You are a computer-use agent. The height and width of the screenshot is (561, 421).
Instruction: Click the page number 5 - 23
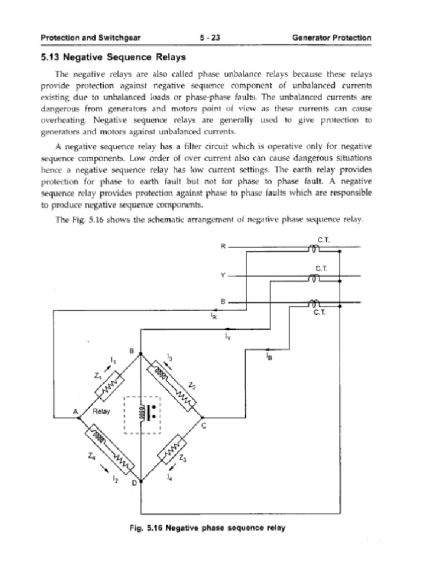tap(210, 38)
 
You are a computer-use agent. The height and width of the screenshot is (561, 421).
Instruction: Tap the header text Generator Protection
tap(332, 38)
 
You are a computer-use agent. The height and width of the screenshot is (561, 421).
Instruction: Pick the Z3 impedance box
tap(172, 450)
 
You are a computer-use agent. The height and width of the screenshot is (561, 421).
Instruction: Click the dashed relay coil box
tap(142, 415)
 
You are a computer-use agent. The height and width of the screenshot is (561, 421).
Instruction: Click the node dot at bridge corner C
tap(203, 416)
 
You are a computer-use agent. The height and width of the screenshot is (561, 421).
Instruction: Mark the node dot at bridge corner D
tap(141, 483)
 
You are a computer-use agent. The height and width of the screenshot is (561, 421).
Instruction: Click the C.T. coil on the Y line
tap(315, 279)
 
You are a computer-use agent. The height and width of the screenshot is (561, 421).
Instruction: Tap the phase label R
tap(223, 246)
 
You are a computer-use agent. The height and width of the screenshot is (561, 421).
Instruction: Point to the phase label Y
tap(223, 275)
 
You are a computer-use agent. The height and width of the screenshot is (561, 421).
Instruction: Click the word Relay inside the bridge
tap(102, 411)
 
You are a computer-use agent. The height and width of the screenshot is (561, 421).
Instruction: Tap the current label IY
tap(227, 337)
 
